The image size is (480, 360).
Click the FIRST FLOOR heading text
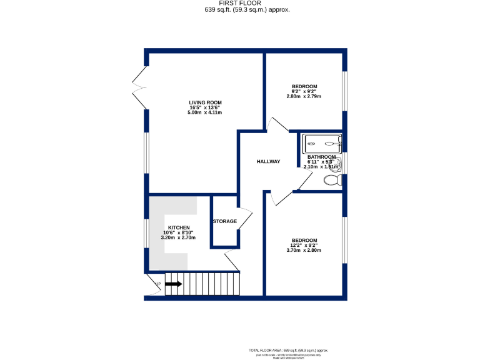240,3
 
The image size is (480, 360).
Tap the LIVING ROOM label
206,102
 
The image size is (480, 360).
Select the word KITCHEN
178,227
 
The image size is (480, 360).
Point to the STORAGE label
225,221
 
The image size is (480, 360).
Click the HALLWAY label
268,162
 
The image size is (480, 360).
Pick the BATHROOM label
321,157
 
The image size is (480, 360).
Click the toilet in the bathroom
332,181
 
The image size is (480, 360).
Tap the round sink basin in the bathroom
336,164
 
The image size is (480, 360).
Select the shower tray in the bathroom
322,144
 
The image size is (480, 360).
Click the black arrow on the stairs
174,284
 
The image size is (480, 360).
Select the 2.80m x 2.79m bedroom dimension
304,96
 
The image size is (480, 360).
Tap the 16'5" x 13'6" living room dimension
206,107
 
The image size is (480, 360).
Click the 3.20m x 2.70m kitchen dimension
178,237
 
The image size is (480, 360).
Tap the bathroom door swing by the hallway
306,181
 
